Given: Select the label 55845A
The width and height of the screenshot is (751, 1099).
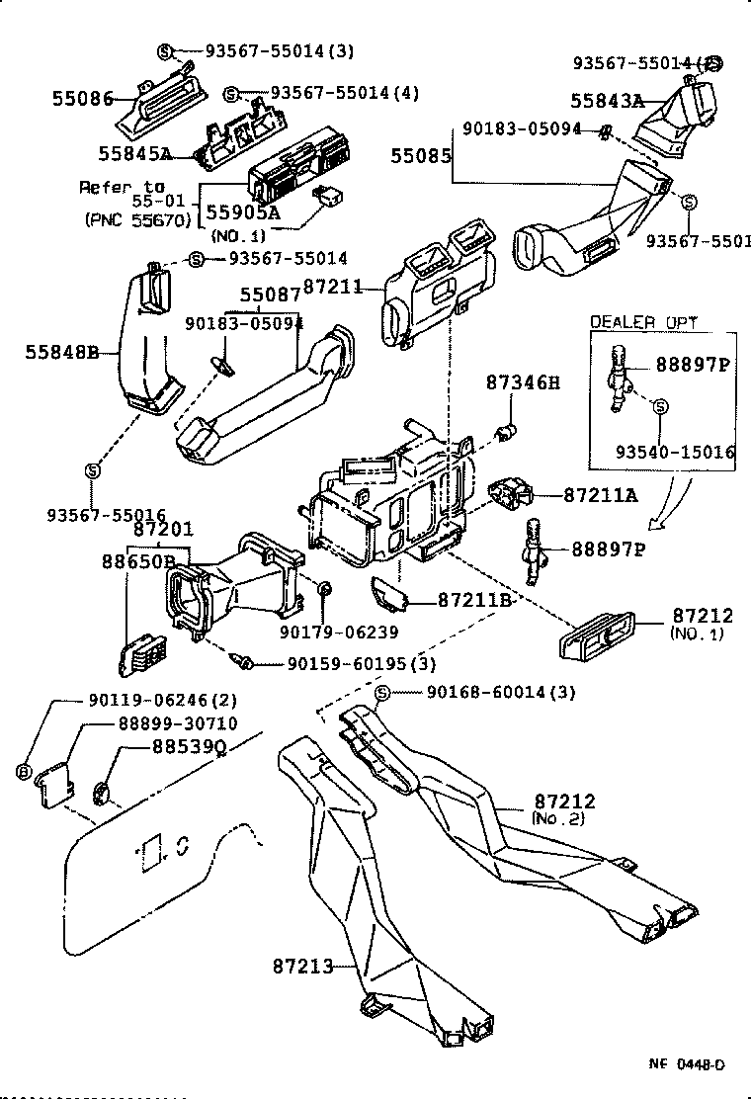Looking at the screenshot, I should (x=134, y=153).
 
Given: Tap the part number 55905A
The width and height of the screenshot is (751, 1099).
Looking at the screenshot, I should (x=242, y=211).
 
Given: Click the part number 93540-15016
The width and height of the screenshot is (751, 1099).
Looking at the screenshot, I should (x=675, y=452).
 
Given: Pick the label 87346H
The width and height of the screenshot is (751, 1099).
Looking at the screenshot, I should (x=522, y=382).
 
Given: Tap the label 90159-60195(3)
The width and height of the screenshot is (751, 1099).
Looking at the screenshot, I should (x=362, y=663).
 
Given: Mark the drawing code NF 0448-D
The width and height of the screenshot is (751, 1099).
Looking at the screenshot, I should (x=686, y=1063).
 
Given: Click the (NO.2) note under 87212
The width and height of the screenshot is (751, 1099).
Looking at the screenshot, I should (x=558, y=819).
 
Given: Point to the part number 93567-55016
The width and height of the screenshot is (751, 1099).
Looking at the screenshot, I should (x=106, y=514).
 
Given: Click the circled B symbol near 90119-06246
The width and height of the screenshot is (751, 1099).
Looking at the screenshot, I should (x=23, y=770).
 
